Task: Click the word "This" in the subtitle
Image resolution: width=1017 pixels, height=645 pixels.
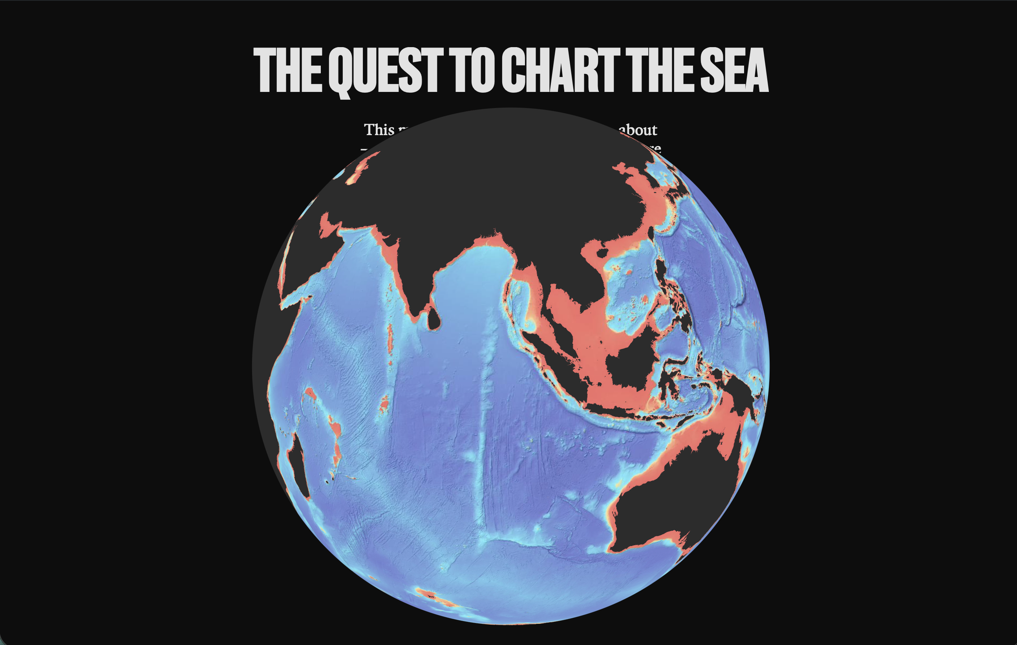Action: pos(379,130)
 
